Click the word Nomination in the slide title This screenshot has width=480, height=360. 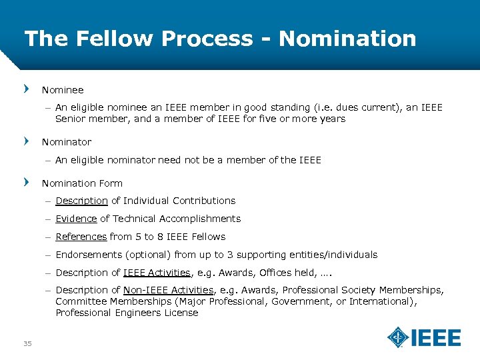(347, 38)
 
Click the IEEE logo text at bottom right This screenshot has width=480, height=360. (436, 337)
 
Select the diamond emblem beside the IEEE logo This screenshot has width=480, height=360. (398, 337)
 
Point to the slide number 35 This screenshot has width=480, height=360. (27, 343)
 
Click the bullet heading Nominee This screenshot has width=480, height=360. (63, 89)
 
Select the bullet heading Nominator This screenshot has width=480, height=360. (67, 142)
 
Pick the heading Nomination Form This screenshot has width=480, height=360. (82, 183)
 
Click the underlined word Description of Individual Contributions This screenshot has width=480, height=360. (81, 201)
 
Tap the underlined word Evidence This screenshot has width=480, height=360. (76, 219)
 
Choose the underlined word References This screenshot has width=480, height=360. (81, 237)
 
